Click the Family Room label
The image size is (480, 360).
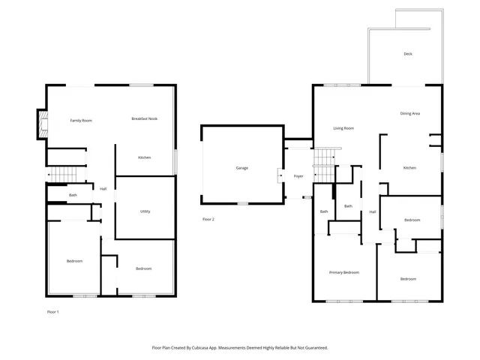click(x=81, y=120)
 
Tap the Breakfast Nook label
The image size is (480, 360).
click(x=145, y=119)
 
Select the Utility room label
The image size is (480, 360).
click(x=145, y=211)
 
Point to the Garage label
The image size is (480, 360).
click(x=241, y=168)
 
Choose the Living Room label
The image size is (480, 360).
click(x=343, y=128)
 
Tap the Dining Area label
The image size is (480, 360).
click(x=409, y=113)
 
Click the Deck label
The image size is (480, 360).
click(x=408, y=54)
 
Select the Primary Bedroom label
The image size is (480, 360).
click(x=344, y=272)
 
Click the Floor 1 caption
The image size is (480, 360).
click(x=53, y=311)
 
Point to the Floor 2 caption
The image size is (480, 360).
click(x=208, y=220)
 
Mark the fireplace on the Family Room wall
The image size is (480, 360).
click(x=43, y=125)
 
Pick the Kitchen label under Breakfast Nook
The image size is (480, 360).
click(x=145, y=157)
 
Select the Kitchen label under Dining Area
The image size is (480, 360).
click(x=409, y=168)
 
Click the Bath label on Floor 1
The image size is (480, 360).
click(x=73, y=196)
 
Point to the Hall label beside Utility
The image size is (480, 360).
click(x=103, y=189)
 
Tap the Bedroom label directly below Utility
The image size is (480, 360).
click(x=144, y=268)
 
